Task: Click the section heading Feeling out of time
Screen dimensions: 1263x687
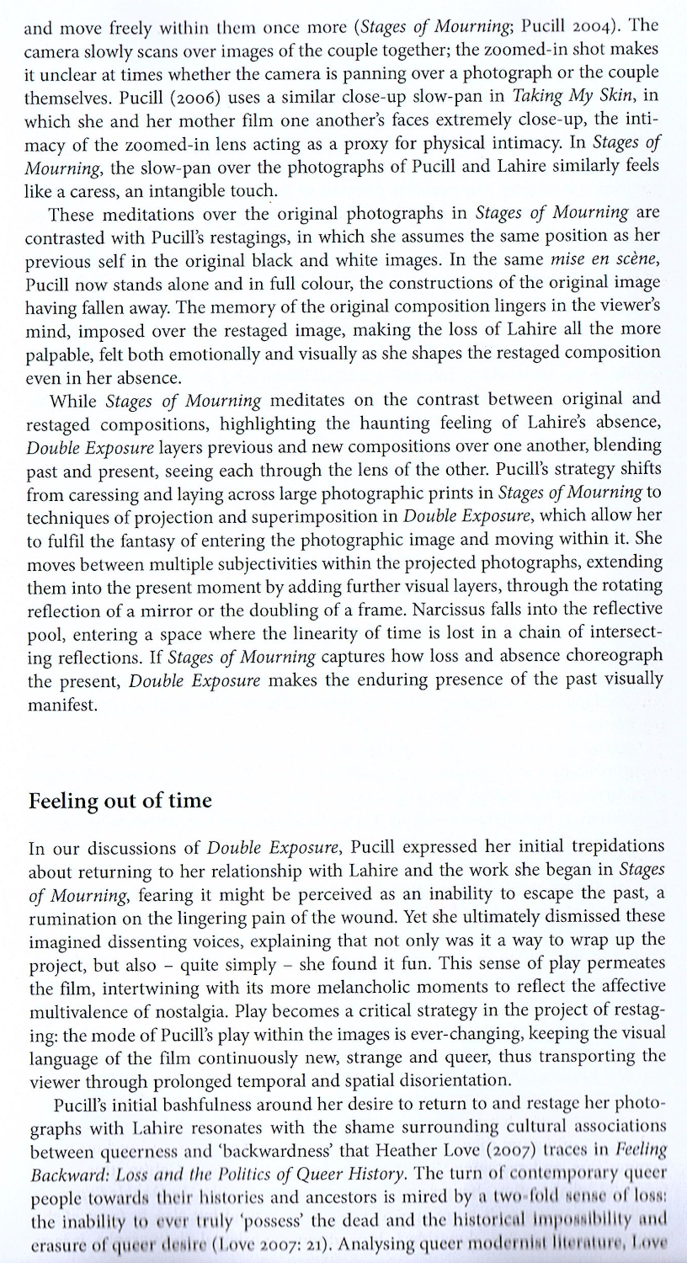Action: (x=120, y=801)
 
